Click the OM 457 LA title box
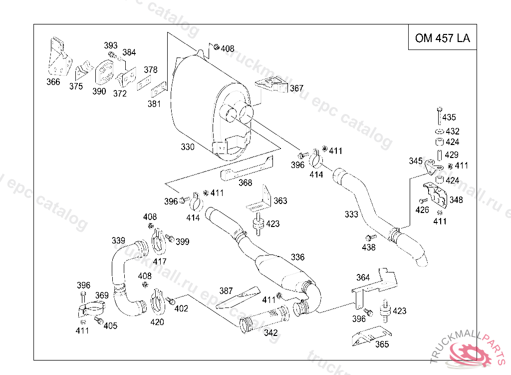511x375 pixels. pos(442,38)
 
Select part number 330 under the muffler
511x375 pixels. pos(188,147)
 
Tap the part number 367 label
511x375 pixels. pos(296,88)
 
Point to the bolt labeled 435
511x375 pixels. pos(439,115)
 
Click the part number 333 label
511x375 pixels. pos(351,214)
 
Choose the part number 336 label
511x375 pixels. pos(297,257)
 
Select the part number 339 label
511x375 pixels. pos(118,241)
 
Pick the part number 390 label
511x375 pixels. pos(99,91)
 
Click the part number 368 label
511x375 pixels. pos(245,183)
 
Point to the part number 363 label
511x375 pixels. pos(280,201)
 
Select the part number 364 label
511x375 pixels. pos(363,277)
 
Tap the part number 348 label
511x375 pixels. pos(456,200)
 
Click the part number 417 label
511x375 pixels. pos(160,261)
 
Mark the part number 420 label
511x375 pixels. pos(157,322)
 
